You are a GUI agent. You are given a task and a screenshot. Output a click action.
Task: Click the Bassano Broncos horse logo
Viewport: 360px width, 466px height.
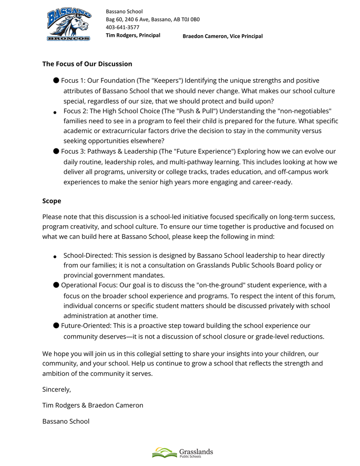click(69, 25)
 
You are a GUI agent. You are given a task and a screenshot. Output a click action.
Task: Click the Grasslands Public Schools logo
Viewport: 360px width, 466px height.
click(183, 452)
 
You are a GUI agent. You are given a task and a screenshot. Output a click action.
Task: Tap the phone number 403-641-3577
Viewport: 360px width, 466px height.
click(122, 27)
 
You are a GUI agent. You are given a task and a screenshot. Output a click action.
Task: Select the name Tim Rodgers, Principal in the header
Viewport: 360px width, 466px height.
click(133, 35)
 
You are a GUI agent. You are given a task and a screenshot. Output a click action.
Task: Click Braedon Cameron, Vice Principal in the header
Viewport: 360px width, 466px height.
click(223, 36)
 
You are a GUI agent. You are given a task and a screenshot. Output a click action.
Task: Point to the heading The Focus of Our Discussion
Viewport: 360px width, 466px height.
click(87, 64)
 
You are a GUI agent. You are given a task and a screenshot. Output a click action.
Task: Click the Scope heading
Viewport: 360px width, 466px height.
click(51, 201)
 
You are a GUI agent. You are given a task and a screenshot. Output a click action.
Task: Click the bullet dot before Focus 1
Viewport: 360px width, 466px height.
click(56, 81)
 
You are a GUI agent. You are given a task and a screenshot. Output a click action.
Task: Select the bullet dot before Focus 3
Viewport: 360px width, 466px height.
click(56, 151)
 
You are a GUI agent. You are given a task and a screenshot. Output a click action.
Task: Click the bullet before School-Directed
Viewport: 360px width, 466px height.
click(55, 257)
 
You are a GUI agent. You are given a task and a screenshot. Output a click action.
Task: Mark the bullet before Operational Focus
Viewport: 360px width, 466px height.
click(56, 285)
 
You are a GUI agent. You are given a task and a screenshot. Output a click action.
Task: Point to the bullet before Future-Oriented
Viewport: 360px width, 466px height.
click(56, 325)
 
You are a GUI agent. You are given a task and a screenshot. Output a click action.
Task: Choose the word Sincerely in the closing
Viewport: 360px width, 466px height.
click(56, 390)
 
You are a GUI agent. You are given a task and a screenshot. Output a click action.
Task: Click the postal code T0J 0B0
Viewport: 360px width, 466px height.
click(190, 20)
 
